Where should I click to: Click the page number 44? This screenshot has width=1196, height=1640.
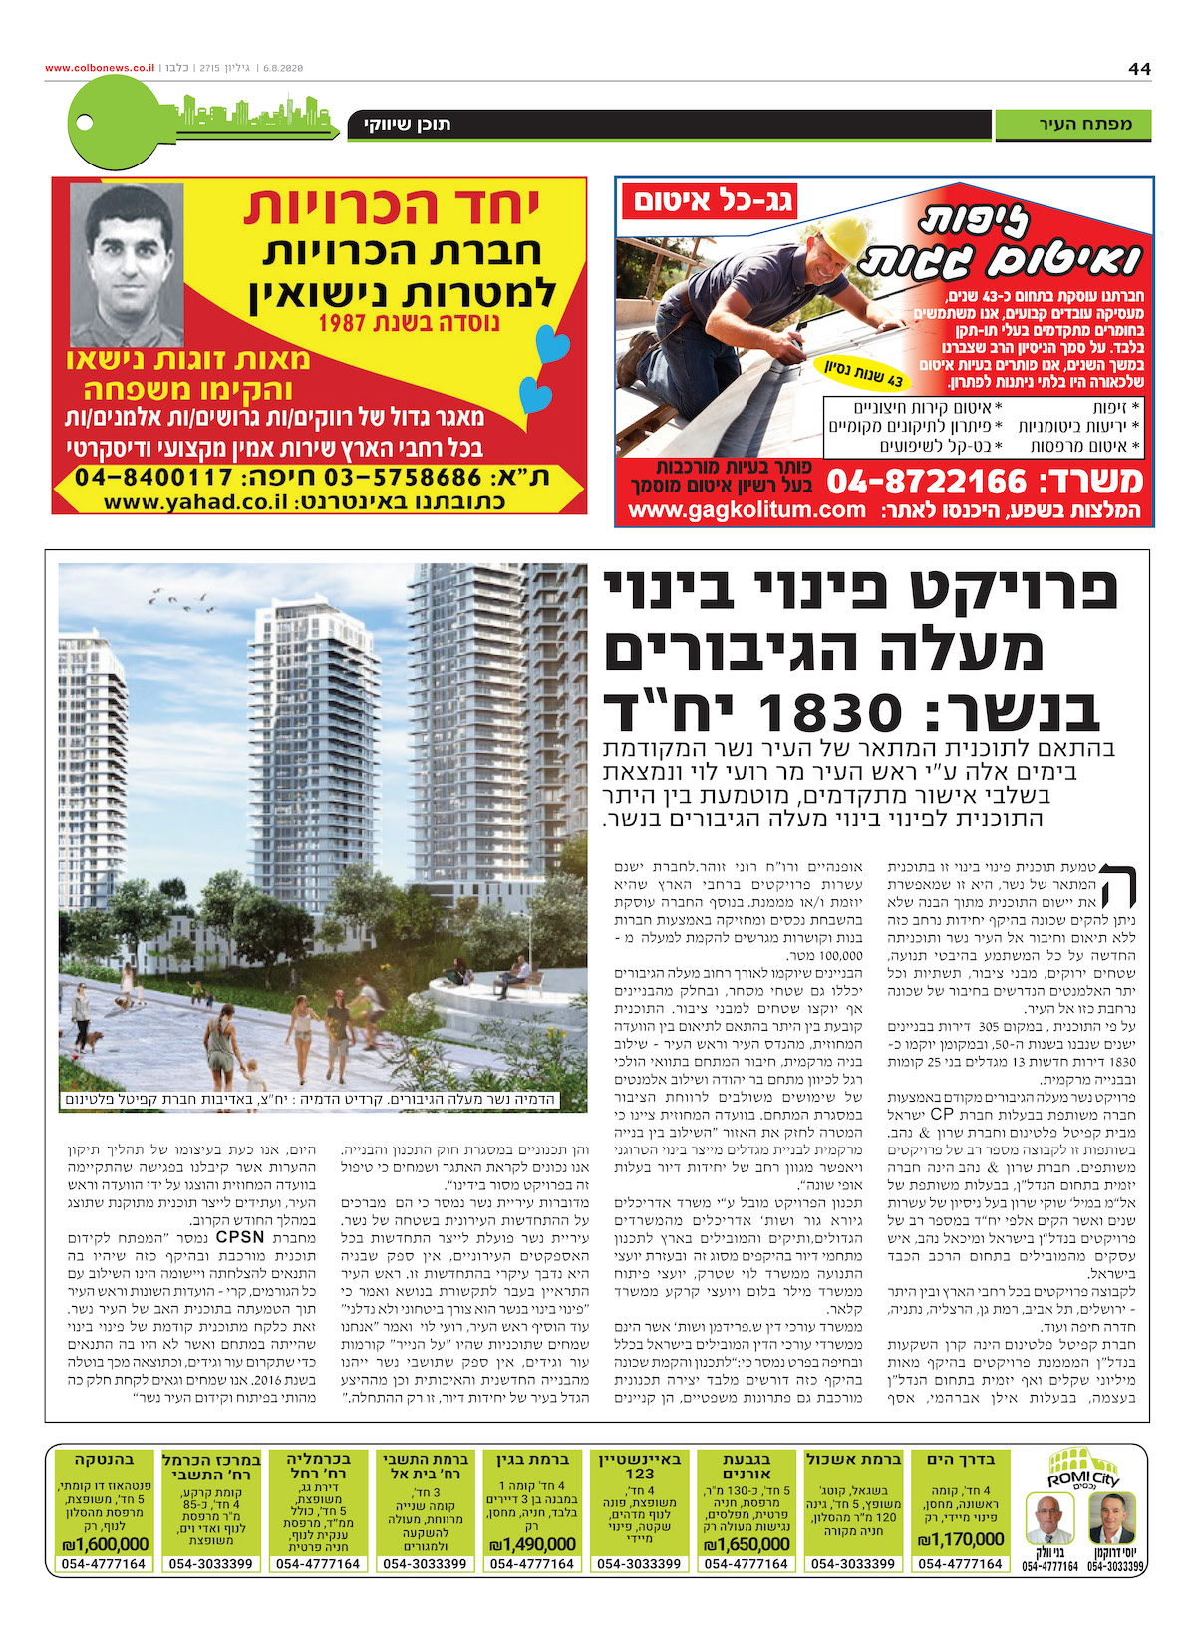[1139, 68]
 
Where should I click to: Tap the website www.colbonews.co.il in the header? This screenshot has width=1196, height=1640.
[100, 68]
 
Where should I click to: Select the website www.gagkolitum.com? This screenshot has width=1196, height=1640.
[747, 510]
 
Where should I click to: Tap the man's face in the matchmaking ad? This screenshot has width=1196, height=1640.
[127, 263]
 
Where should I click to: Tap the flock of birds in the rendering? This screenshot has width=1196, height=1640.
[179, 599]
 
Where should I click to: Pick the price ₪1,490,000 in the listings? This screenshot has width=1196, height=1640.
[532, 1544]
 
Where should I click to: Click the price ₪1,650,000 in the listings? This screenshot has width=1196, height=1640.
[747, 1544]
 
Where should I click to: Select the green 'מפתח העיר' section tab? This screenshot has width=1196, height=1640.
[1072, 125]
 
